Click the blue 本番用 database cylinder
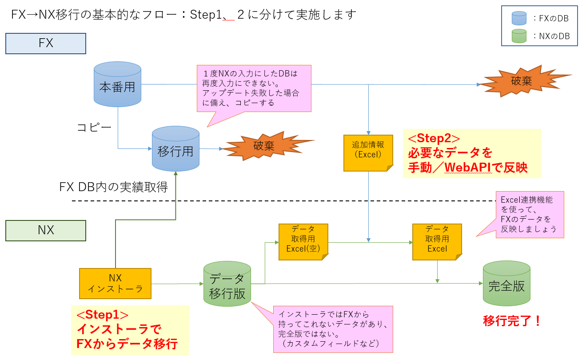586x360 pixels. [x=117, y=85]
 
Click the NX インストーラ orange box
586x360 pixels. [x=115, y=283]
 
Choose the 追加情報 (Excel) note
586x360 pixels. [x=368, y=152]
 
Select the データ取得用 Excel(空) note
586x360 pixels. [x=303, y=241]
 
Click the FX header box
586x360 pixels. [x=45, y=44]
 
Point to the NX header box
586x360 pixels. [x=45, y=230]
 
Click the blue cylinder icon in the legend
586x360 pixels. [x=518, y=18]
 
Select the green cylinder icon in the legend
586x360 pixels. [x=518, y=36]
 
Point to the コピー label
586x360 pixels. [x=94, y=128]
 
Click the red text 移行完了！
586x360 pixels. [x=512, y=320]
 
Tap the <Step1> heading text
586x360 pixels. [x=102, y=315]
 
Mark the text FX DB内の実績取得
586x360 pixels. [x=113, y=187]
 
